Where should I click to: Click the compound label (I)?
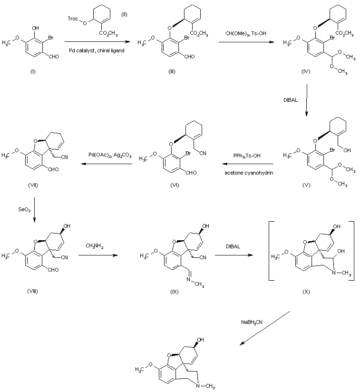33,72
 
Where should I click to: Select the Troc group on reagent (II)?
73,19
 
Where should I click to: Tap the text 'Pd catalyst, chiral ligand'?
97,50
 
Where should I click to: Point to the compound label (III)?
172,72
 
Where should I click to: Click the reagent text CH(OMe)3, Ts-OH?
246,33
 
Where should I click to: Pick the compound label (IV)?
306,72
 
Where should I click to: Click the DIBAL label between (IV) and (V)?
291,100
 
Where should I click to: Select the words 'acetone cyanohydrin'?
249,173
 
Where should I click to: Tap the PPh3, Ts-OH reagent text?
247,156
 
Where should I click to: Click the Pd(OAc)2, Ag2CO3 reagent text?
110,155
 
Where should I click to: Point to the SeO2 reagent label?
24,209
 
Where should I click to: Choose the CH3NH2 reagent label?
95,246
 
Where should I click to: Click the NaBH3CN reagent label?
252,322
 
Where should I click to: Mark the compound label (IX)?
175,292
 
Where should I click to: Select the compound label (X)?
306,292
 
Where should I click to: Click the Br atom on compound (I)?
51,38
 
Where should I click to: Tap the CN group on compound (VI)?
203,153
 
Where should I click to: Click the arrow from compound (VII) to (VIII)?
34,209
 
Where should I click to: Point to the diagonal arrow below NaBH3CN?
265,328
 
